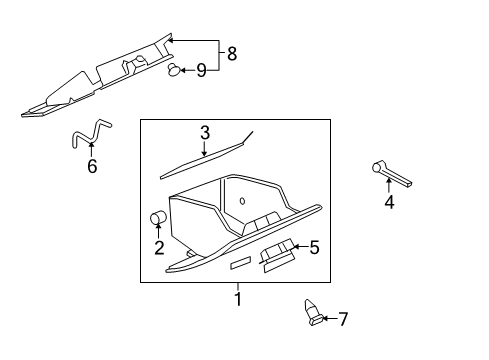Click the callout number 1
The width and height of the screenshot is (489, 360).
click(237, 297)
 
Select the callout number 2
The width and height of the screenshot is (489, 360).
click(159, 248)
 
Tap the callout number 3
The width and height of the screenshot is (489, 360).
click(204, 132)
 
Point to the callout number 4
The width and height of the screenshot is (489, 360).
click(389, 203)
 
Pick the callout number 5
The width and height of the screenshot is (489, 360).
click(313, 246)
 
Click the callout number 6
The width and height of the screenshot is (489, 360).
click(92, 166)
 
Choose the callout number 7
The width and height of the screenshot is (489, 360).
click(343, 319)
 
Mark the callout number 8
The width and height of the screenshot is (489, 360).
click(232, 53)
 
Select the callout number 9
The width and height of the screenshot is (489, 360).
click(201, 70)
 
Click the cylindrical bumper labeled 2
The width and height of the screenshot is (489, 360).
click(157, 219)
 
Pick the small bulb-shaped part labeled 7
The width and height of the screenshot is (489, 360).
click(312, 313)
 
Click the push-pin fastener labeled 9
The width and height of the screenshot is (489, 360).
click(173, 70)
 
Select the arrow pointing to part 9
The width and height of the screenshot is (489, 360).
click(187, 70)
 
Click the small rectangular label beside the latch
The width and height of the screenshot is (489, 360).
click(241, 263)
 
